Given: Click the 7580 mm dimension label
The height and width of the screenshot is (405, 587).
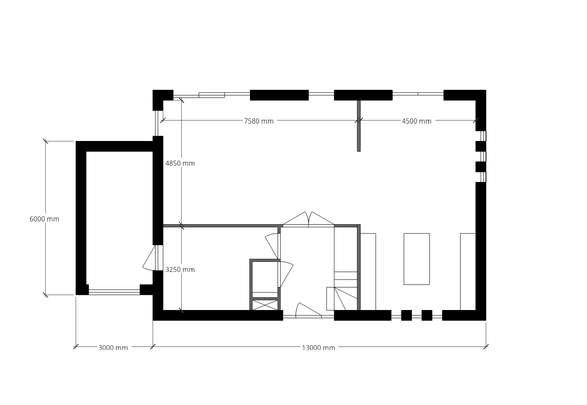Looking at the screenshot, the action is click(259, 121).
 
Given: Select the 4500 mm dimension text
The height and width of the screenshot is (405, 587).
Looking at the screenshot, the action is click(417, 121).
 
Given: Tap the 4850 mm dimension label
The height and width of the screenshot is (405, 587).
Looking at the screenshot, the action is click(180, 163).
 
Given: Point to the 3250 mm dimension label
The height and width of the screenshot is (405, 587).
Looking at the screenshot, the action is click(180, 269).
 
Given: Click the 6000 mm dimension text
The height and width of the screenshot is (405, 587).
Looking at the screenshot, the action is click(44, 219).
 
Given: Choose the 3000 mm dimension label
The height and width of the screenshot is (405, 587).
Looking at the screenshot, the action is click(113, 348).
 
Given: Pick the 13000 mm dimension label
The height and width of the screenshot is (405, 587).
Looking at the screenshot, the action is click(318, 348).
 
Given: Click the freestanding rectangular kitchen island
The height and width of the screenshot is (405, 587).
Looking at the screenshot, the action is click(417, 259).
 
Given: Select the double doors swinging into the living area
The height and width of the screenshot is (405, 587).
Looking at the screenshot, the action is click(309, 219).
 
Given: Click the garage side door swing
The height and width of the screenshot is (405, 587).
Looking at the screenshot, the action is click(149, 258).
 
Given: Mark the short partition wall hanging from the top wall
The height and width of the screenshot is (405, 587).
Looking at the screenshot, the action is click(359, 126).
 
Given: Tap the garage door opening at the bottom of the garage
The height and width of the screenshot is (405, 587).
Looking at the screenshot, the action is click(114, 292).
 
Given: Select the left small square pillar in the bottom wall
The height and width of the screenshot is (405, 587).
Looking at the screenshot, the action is click(407, 315).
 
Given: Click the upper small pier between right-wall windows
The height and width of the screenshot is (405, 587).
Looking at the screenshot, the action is click(481, 146).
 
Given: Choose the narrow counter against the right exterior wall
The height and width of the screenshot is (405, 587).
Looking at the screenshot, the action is click(468, 272).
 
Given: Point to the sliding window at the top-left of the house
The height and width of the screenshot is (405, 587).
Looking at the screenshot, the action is click(211, 95).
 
